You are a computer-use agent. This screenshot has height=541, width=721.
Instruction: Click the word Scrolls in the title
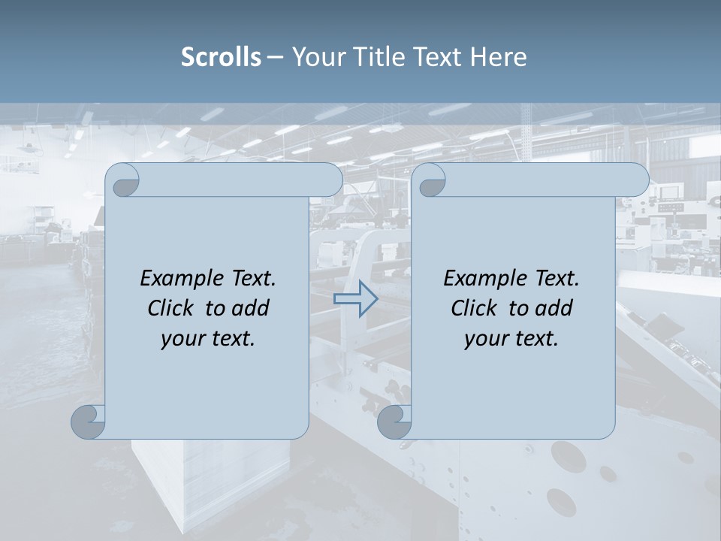pyautogui.click(x=221, y=57)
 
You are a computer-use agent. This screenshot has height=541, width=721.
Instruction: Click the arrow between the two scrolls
pyautogui.click(x=355, y=299)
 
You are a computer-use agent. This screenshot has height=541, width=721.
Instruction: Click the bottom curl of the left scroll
pyautogui.click(x=89, y=422)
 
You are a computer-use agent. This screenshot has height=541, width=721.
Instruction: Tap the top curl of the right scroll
pyautogui.click(x=430, y=180)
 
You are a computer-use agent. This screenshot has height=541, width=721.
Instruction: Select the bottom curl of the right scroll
pyautogui.click(x=395, y=422)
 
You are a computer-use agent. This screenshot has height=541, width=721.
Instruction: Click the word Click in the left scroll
pyautogui.click(x=170, y=308)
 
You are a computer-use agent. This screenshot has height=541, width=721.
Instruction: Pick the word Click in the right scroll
pyautogui.click(x=474, y=308)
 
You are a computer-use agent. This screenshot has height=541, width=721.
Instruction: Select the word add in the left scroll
pyautogui.click(x=252, y=308)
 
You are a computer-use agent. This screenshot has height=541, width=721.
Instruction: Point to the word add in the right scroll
pyautogui.click(x=555, y=308)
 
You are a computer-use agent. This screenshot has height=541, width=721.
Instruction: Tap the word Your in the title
pyautogui.click(x=316, y=57)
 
